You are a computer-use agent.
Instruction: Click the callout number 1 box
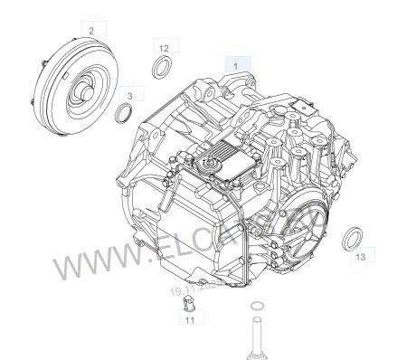[x=236, y=65]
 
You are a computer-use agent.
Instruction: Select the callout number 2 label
[x=91, y=30]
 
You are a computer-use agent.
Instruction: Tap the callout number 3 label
[x=130, y=94]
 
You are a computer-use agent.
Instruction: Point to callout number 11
[x=190, y=319]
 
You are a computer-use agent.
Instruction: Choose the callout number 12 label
[x=163, y=46]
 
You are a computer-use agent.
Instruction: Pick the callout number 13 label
[x=359, y=258]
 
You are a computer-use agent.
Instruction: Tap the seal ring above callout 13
[x=354, y=238]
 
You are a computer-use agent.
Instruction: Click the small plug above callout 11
[x=189, y=301]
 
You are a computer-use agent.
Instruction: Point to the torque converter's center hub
[x=82, y=91]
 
